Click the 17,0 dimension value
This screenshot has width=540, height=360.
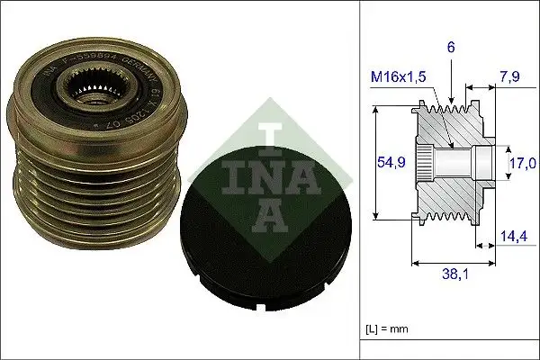click(x=522, y=164)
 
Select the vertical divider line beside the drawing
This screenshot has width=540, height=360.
click(x=360, y=180)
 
